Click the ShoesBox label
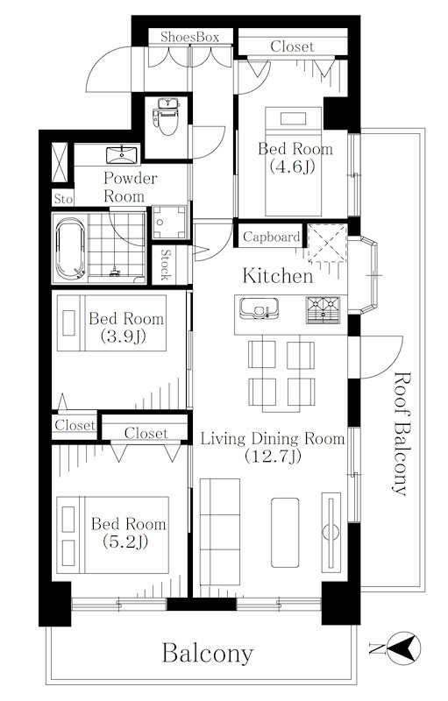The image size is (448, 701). click(x=190, y=37)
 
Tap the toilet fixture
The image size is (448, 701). click(x=167, y=117)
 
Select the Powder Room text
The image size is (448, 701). click(x=130, y=187)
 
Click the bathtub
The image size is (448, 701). click(x=70, y=248)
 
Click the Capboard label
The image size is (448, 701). click(x=272, y=237)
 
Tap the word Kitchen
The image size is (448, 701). click(x=278, y=276)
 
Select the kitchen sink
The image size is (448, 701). click(x=259, y=308)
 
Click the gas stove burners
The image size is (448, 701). click(x=323, y=309)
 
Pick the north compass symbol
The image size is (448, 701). click(x=404, y=648)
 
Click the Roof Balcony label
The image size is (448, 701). click(x=401, y=434)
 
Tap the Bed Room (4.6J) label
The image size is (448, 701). click(x=295, y=158)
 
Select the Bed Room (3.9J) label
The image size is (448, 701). click(x=126, y=327)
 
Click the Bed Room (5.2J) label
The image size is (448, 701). click(x=128, y=532)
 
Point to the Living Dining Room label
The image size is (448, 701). click(x=273, y=447)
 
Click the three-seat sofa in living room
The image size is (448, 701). click(x=219, y=532)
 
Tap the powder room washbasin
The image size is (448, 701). click(x=122, y=155)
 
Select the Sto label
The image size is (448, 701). click(x=63, y=199)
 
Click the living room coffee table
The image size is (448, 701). click(x=285, y=533)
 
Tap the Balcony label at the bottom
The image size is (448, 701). click(x=208, y=653)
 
